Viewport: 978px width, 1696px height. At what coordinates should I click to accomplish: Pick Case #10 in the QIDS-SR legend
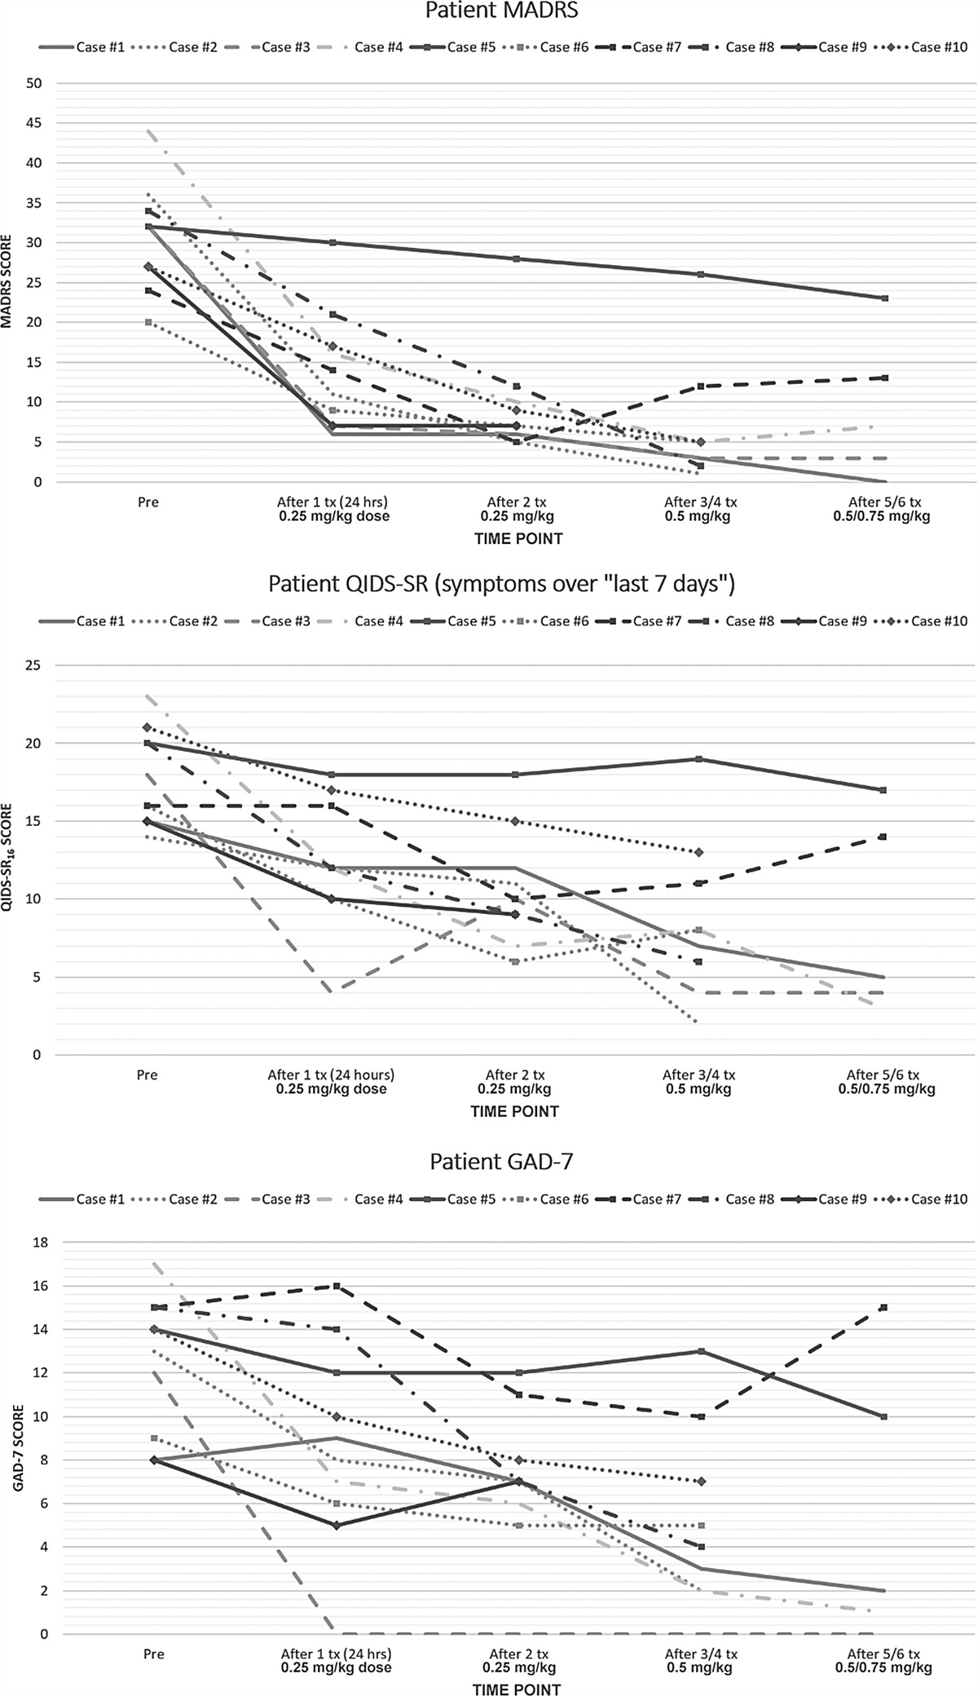tap(939, 621)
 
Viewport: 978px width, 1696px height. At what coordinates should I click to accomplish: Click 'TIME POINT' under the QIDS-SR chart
tap(515, 1111)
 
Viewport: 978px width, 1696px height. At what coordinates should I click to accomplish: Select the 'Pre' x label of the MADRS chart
tap(148, 502)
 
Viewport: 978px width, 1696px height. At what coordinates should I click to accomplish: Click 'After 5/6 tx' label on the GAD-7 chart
tap(883, 1654)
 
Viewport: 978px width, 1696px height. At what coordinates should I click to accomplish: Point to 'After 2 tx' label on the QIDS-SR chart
tap(515, 1075)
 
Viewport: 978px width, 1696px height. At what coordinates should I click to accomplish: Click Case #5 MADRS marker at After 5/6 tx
tap(884, 298)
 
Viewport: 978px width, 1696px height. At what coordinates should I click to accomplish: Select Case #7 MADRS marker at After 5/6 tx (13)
tap(884, 378)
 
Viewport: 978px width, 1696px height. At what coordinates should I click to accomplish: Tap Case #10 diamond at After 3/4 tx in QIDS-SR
tap(699, 852)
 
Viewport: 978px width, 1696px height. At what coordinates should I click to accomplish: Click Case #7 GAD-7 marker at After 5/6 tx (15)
tap(884, 1308)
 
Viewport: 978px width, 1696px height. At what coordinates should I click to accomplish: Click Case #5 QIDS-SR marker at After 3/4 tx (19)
tap(699, 759)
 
